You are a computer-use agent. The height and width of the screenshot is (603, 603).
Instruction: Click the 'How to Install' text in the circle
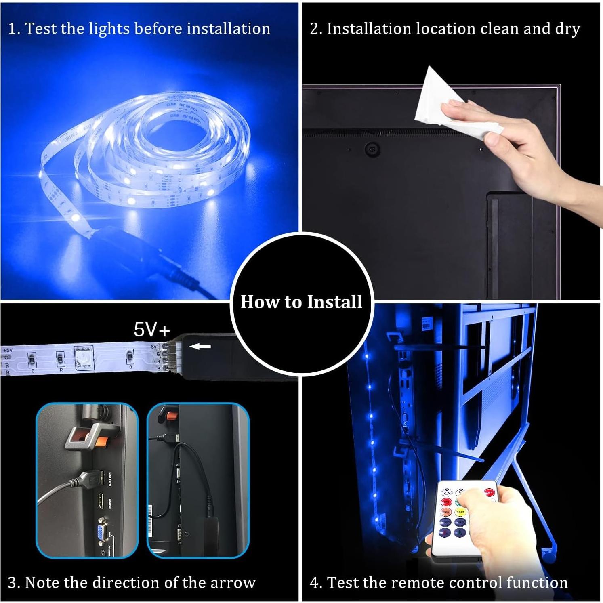301,302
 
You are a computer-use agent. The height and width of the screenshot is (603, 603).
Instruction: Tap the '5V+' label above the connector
152,330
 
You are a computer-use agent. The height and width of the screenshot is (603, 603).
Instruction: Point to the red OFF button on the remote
489,493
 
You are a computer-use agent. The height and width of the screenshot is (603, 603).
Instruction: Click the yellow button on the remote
460,512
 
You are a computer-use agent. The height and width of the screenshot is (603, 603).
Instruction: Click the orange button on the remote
446,512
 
